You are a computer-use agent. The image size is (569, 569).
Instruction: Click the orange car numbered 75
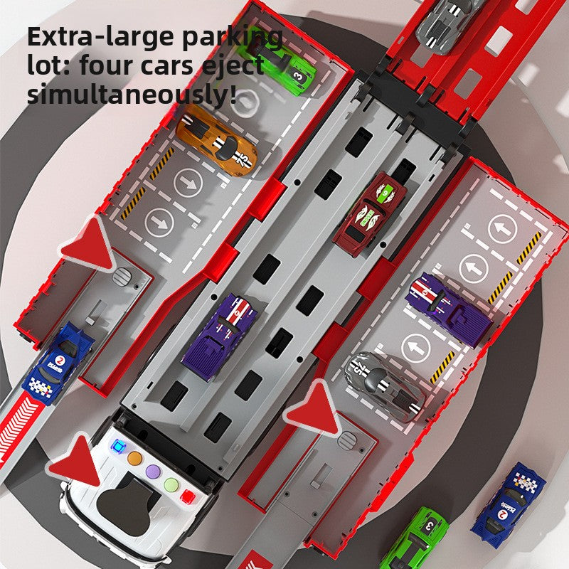[x=216, y=141]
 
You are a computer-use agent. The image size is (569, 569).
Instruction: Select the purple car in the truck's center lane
[x=220, y=336]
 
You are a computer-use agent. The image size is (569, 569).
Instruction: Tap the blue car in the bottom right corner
[x=508, y=504]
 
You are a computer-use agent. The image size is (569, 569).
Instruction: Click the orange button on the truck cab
[x=135, y=458]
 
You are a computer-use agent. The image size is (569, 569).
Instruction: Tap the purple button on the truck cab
[x=153, y=472]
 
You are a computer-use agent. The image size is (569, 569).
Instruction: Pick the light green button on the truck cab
[x=171, y=484]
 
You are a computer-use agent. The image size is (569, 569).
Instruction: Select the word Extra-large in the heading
[x=102, y=37]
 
